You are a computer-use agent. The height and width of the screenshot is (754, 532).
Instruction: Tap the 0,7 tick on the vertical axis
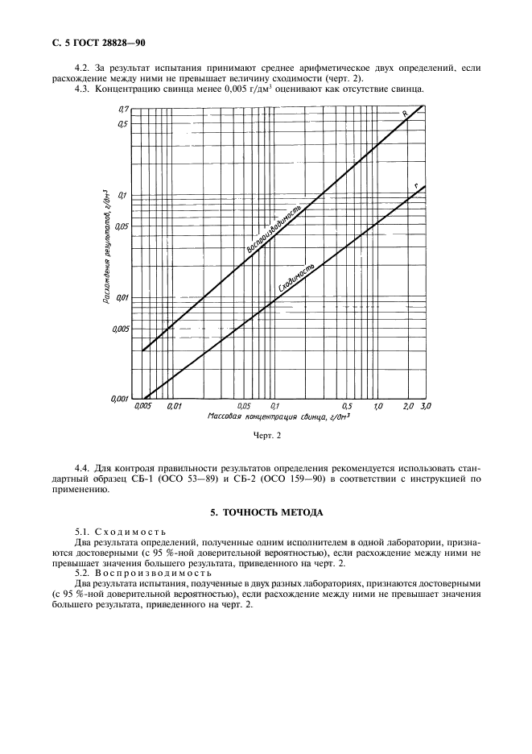tap(123, 108)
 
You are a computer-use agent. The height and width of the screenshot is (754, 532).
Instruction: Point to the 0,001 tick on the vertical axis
tap(119, 399)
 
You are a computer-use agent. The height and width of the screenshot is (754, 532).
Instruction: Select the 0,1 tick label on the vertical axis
tap(123, 195)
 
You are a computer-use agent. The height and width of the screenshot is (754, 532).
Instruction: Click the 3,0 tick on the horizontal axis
tap(426, 407)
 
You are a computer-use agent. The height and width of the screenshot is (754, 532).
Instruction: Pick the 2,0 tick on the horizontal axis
tap(407, 407)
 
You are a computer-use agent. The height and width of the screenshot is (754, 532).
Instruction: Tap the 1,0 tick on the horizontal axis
tap(377, 407)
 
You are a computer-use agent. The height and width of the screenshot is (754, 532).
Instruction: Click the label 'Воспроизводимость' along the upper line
tap(274, 231)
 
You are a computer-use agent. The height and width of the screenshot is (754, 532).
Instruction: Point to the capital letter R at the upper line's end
tap(405, 115)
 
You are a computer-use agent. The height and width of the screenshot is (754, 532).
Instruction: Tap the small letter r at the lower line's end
tap(416, 186)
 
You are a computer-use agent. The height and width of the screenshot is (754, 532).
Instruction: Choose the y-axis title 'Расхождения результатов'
tap(106, 255)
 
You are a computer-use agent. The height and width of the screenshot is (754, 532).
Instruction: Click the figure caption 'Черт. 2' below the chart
tap(266, 436)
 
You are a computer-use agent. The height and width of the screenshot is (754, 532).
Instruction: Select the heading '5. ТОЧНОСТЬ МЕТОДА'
tap(266, 512)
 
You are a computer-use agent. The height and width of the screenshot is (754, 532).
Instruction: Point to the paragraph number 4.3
tap(81, 89)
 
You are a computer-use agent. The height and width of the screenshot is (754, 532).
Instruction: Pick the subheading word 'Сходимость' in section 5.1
tap(130, 532)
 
